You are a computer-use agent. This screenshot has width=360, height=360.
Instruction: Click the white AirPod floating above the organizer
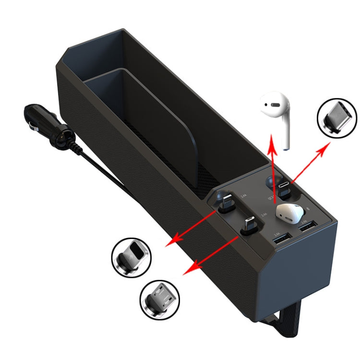(x=277, y=116)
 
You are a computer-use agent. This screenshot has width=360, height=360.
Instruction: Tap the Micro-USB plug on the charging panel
(x=249, y=226)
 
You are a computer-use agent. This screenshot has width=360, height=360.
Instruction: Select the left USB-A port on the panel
(x=279, y=237)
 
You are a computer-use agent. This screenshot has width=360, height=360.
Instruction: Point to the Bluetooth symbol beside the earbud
(x=308, y=210)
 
